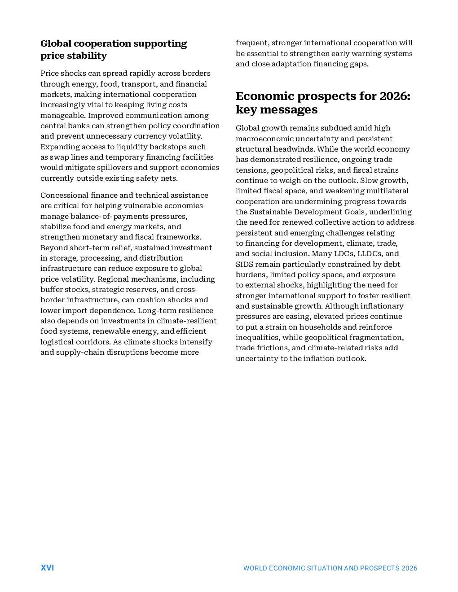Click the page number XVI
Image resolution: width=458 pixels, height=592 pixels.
pos(47,568)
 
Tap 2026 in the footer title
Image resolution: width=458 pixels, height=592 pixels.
pos(409,568)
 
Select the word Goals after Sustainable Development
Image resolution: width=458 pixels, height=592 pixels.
pos(352,212)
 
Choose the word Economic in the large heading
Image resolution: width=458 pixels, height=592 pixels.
pos(265,96)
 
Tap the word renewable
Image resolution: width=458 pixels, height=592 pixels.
pos(109,331)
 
